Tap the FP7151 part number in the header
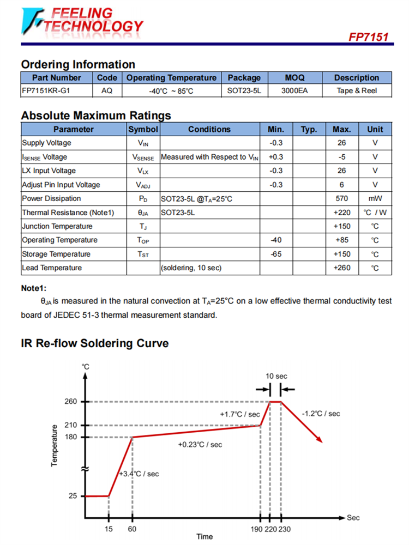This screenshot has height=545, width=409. [x=368, y=37]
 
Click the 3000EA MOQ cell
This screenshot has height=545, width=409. [x=294, y=90]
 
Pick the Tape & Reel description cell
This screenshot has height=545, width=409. [x=357, y=90]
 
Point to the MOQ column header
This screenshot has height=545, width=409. [x=294, y=77]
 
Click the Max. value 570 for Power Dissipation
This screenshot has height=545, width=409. [x=342, y=198]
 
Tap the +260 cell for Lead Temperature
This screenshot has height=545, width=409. [x=342, y=268]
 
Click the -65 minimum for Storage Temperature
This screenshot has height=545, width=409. [x=276, y=254]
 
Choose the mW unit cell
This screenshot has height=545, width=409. [x=375, y=198]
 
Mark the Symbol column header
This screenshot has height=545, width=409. [x=143, y=129]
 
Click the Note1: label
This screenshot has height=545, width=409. [x=34, y=288]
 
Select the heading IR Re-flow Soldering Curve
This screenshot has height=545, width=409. [x=95, y=343]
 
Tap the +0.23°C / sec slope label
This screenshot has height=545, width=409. [x=200, y=445]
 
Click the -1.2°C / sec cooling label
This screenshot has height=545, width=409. [x=321, y=414]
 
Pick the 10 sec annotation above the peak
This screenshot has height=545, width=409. [x=276, y=376]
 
